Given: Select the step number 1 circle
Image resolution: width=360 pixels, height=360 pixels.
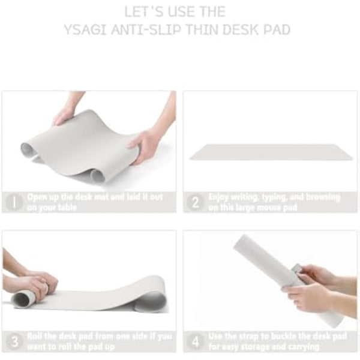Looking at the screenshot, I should pos(14,202).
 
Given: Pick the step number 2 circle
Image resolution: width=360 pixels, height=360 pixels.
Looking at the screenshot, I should pos(195,202).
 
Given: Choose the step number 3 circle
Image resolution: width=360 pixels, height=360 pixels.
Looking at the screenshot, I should pos(14,341).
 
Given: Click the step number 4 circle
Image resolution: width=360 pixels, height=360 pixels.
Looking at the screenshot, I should pos(195,341).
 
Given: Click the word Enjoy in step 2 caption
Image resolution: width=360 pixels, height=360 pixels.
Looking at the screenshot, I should pos(219,197).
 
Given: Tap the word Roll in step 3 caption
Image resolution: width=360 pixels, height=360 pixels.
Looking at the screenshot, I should pos(35,337).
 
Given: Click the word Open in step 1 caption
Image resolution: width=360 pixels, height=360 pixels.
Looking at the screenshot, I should pos(38,197).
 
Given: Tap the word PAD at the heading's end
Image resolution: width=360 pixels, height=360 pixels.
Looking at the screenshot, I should pos(277,29).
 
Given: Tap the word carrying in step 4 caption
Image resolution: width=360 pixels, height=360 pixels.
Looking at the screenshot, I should pos(302,346).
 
